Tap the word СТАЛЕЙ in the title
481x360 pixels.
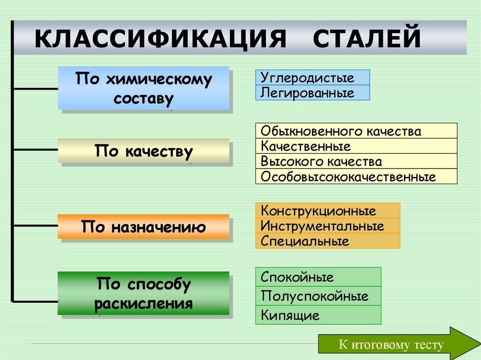coord(367,38)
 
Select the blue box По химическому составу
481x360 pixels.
coord(143,88)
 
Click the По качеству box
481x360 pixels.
coord(143,151)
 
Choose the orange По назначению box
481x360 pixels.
coord(143,227)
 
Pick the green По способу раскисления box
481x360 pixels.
coord(143,293)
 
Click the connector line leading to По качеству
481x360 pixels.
coord(36,150)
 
